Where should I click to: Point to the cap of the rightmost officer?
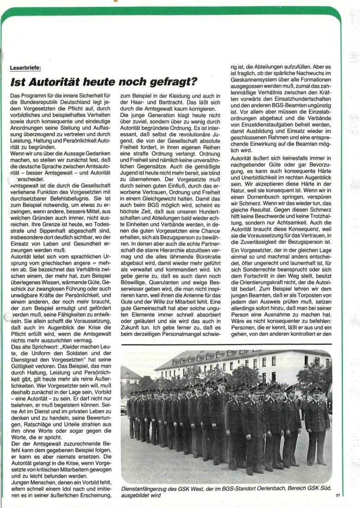[x=317, y=390]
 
